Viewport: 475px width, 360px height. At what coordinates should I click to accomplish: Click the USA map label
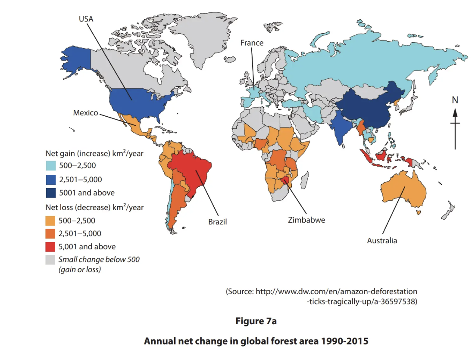coord(86,19)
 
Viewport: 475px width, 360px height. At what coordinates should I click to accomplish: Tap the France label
coord(252,43)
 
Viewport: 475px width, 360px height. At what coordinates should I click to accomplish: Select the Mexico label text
coord(85,113)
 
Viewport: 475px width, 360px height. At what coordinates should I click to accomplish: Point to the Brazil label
coord(217,222)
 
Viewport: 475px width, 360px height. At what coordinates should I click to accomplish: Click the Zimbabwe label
coord(306,220)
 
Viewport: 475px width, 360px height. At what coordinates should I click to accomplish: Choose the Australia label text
coord(382,241)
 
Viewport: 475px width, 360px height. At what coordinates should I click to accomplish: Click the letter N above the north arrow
coord(455,100)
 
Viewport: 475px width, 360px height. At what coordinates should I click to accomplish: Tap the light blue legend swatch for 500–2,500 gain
coord(50,166)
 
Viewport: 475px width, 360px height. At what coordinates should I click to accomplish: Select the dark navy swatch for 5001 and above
coord(50,192)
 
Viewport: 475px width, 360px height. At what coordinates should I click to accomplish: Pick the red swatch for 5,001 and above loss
coord(50,247)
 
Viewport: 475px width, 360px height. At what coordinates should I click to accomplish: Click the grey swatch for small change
coord(50,260)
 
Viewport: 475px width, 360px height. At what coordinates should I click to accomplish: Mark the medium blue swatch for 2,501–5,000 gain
coord(50,179)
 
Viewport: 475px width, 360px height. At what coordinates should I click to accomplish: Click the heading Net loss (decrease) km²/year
coord(94,207)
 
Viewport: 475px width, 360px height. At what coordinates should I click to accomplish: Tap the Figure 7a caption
coord(256,321)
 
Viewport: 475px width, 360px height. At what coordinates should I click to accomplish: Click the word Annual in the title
coord(158,341)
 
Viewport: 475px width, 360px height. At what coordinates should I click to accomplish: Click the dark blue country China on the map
coord(371,108)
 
